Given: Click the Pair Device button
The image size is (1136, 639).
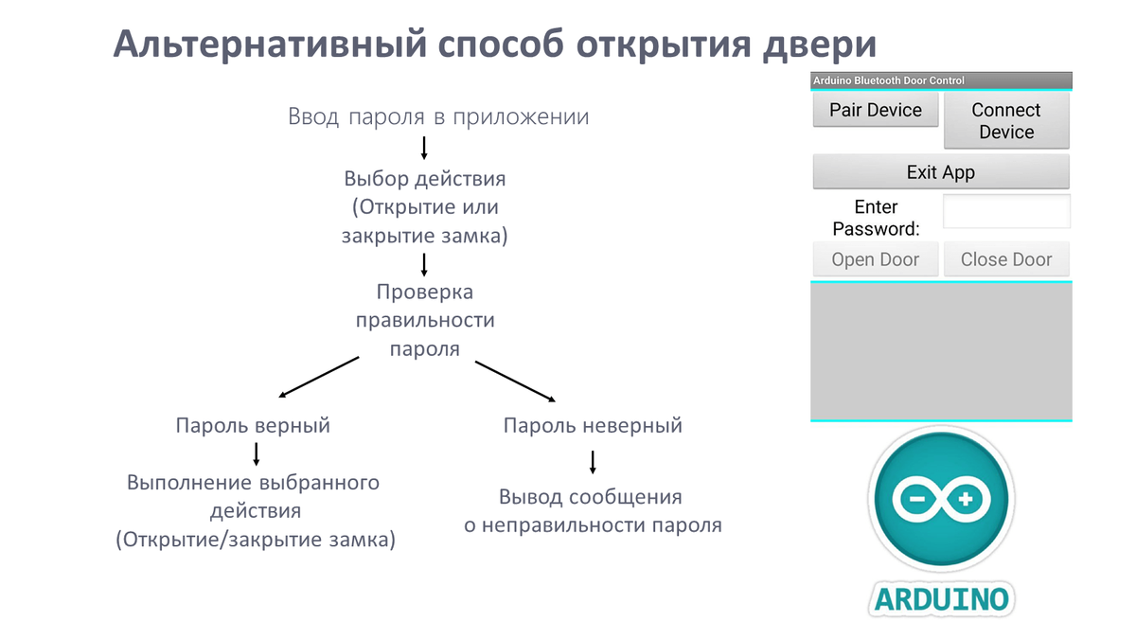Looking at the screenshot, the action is point(876,110).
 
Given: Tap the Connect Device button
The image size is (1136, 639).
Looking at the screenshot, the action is point(1006,121).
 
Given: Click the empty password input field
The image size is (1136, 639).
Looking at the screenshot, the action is point(1006,211).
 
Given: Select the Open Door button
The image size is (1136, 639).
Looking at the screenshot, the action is point(876,259).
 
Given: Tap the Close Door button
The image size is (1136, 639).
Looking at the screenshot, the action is point(1006,259).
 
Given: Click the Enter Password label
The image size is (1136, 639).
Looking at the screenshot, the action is point(876,218).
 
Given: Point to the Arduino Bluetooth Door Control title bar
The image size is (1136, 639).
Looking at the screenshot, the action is point(941,80).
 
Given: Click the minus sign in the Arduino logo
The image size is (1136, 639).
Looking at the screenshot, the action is point(917,499).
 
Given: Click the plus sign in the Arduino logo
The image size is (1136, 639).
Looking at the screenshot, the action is point(966,499).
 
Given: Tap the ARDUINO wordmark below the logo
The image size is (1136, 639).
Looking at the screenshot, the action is point(942,599).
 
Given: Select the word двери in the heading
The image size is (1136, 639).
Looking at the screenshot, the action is point(820,45).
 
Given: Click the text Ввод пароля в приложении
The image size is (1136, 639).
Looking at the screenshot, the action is point(438,116).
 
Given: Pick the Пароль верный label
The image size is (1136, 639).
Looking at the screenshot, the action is point(253,425).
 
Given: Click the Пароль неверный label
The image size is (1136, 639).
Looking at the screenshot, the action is point(593,425).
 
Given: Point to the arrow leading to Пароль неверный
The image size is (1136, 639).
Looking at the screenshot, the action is point(515,382).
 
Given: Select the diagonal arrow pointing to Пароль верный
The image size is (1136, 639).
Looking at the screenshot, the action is point(319,377).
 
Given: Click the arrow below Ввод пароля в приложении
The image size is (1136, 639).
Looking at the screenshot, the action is point(424,148).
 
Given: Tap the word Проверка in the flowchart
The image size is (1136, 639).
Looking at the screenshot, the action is point(425,293).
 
